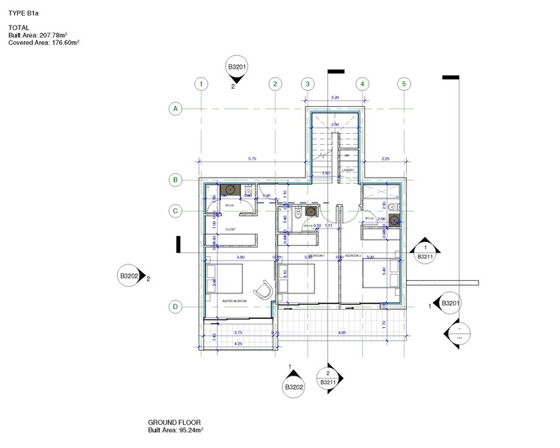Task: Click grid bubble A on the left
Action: [x=176, y=109]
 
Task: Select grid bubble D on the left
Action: [x=176, y=306]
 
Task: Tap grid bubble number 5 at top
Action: [x=404, y=84]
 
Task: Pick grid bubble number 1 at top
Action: [x=201, y=84]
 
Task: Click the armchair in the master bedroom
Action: [x=264, y=288]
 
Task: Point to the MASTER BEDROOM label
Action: [x=235, y=301]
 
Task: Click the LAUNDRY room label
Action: [x=347, y=169]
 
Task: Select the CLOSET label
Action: [x=231, y=230]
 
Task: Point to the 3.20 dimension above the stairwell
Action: [x=335, y=98]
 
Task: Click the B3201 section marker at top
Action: [x=237, y=69]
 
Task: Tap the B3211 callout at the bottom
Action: [x=327, y=379]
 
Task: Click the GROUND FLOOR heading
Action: [x=174, y=423]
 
